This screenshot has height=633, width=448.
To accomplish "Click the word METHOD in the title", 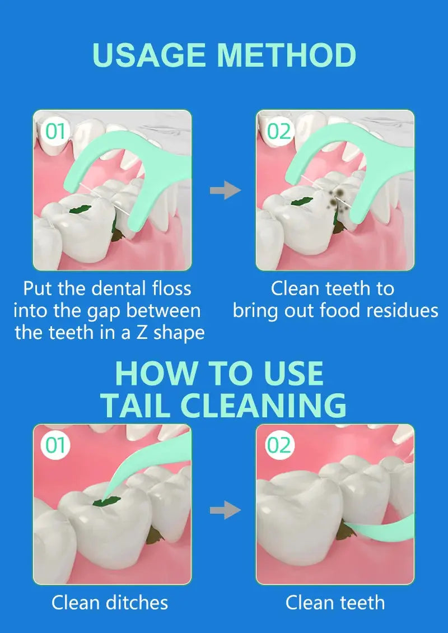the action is pos(287,55).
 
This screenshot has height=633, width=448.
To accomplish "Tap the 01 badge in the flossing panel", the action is pos(55,131).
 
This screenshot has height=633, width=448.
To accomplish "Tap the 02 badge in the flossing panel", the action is pos(279,131).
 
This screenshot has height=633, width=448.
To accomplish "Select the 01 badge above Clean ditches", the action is pos(55,446).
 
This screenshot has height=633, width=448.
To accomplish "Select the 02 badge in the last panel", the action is pos(279,446).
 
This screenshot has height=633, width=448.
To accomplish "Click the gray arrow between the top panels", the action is pos(225,190).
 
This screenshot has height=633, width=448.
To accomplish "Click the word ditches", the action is pos(137,603).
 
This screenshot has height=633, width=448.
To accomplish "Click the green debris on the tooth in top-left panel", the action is pos(80,209).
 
